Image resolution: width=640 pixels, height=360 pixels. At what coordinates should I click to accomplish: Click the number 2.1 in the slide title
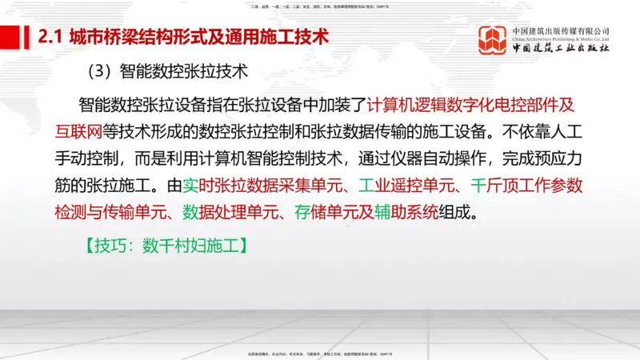coord(52,37)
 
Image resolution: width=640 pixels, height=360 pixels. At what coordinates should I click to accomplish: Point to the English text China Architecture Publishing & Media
coord(562,37)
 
